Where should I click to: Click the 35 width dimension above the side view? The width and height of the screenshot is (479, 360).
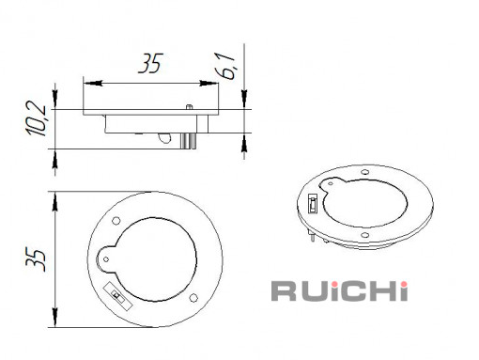150,64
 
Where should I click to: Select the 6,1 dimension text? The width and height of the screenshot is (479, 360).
226,66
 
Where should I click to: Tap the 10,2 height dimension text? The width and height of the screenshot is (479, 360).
37,118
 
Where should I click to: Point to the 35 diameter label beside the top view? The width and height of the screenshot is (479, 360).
36,259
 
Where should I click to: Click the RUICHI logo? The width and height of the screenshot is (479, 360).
339,291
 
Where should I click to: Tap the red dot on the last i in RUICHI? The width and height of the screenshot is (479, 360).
405,284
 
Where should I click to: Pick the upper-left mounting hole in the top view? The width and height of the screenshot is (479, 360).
116,221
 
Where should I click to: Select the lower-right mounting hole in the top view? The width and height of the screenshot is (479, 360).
193,297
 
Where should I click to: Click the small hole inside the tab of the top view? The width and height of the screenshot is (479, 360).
106,259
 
